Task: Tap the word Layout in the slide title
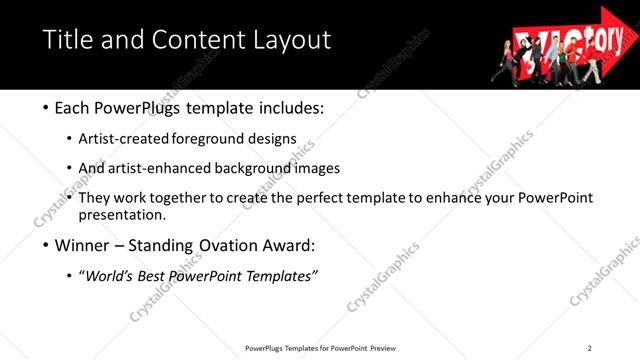290,40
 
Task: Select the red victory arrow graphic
566,44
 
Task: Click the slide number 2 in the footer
589,347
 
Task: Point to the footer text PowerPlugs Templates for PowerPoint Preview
320,347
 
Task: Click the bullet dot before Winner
46,245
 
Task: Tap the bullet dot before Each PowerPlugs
46,107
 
